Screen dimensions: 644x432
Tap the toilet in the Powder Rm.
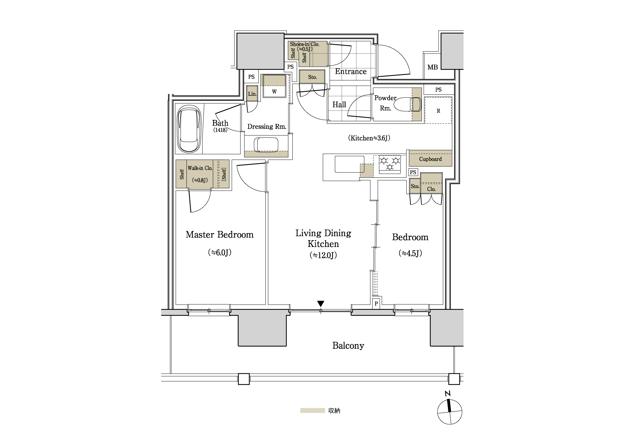tap(408, 104)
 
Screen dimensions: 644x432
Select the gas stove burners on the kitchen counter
tap(390, 163)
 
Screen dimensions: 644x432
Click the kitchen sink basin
tap(349, 164)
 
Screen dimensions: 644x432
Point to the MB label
tap(432, 67)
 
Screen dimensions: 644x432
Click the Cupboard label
tap(430, 159)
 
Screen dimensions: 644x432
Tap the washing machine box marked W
tap(274, 86)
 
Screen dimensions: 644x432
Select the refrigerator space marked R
tap(438, 110)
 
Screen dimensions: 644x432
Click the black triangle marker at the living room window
tap(320, 304)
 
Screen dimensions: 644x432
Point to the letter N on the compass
tap(447, 394)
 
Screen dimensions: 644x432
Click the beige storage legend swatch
tap(312, 411)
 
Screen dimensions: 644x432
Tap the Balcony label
tap(348, 346)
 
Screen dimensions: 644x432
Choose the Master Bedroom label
tap(220, 235)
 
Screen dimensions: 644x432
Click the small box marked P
tap(376, 303)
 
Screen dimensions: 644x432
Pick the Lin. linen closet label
tap(252, 94)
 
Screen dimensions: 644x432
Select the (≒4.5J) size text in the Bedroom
tap(410, 253)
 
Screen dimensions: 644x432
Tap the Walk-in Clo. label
tap(200, 168)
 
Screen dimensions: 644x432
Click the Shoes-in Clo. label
tap(304, 44)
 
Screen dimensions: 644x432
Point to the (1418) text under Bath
tap(220, 130)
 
